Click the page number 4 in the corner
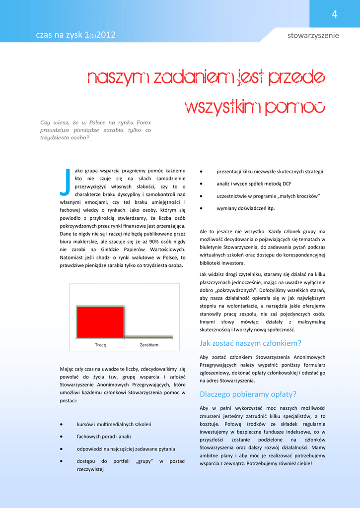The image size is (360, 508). (x=334, y=15)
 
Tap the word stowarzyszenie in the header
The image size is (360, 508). (x=313, y=35)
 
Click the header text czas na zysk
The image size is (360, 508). (x=60, y=35)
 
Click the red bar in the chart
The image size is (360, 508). (x=100, y=322)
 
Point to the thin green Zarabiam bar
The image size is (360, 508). (x=148, y=337)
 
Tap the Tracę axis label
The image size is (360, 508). (x=100, y=345)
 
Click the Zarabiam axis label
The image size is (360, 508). (x=149, y=345)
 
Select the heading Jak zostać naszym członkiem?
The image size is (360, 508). (x=250, y=343)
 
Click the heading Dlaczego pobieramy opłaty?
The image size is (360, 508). (x=248, y=394)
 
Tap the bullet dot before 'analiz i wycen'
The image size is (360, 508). (x=201, y=184)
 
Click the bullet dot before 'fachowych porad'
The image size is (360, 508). (x=61, y=437)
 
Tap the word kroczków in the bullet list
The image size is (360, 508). (x=306, y=196)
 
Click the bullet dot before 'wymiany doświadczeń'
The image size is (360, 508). (x=201, y=208)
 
